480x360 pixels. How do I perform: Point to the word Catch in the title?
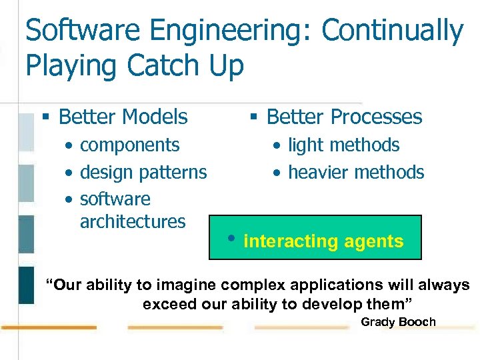[154, 66]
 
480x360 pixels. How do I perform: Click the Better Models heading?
[123, 117]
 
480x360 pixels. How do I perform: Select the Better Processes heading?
[344, 117]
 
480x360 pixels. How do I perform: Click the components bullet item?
[129, 145]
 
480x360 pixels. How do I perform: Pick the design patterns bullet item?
[143, 173]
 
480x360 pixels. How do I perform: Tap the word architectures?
[132, 221]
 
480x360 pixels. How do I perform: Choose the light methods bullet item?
[343, 145]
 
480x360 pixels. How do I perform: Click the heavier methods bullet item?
[356, 173]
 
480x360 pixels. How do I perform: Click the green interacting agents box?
[315, 237]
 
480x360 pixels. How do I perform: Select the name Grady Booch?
[398, 323]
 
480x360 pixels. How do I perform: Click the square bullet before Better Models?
[46, 118]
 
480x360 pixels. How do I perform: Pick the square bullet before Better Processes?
[254, 118]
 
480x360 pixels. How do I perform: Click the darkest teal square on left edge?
[26, 285]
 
